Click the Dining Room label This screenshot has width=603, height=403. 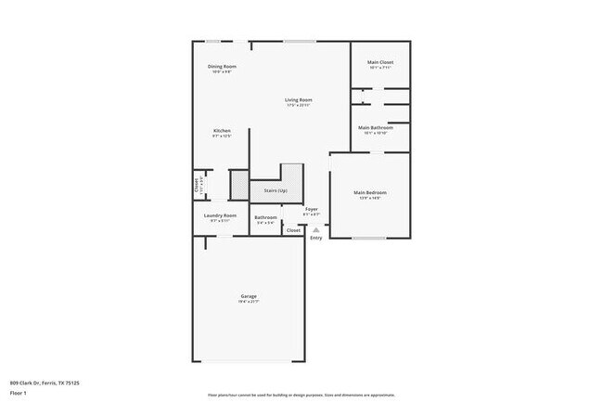pos(222,66)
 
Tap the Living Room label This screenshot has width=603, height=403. pos(298,99)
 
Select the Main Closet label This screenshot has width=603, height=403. pos(381,62)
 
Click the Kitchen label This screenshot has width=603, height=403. pos(222,131)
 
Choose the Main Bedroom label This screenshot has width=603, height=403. pos(369,192)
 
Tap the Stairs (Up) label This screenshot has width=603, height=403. pos(276,190)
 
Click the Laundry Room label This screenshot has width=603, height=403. pos(220,215)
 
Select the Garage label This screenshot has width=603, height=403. pos(250,296)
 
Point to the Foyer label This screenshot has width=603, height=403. pos(312,209)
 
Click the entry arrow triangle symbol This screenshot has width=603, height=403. pos(315,228)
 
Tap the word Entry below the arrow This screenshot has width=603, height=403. pos(315,238)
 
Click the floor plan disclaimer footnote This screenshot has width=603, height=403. pos(301,395)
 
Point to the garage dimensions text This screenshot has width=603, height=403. pos(250,302)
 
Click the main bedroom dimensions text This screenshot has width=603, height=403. pos(369,198)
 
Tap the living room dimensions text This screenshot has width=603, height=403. pos(298,105)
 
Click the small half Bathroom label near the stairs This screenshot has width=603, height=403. pos(266,217)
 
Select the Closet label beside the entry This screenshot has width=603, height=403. pos(293,229)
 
